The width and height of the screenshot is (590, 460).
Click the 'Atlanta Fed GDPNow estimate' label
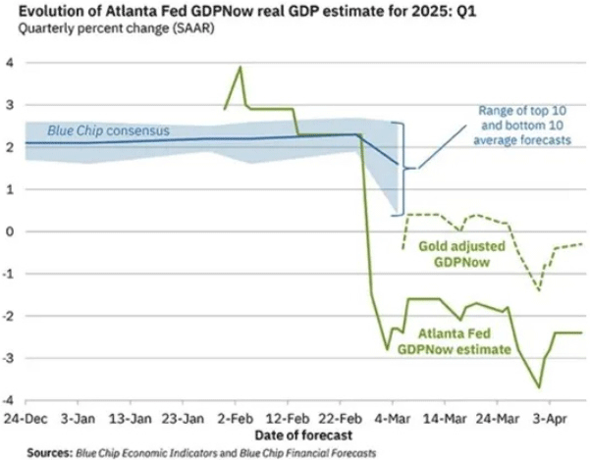[465, 339]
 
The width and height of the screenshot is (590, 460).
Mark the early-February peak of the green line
[241, 67]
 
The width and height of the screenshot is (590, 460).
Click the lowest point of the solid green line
[539, 388]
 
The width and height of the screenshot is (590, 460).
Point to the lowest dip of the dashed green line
[538, 290]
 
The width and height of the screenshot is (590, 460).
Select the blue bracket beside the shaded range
[402, 167]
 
